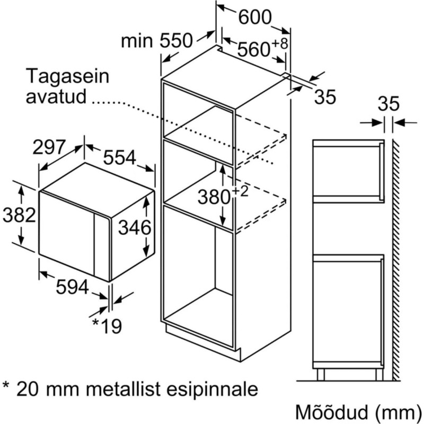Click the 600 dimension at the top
point(255,17)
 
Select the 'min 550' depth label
point(156,41)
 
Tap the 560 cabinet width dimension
point(254,49)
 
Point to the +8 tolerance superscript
point(280,43)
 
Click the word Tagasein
point(68,77)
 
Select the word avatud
point(56,96)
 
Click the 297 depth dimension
point(49,147)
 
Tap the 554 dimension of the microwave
point(120,157)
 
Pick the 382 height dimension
point(20,215)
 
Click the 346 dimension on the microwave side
point(135,227)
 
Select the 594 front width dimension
point(72,287)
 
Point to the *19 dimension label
point(107,326)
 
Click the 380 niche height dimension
point(214,197)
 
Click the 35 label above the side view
point(388,103)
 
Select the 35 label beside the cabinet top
point(325,97)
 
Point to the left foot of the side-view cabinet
point(321,375)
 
